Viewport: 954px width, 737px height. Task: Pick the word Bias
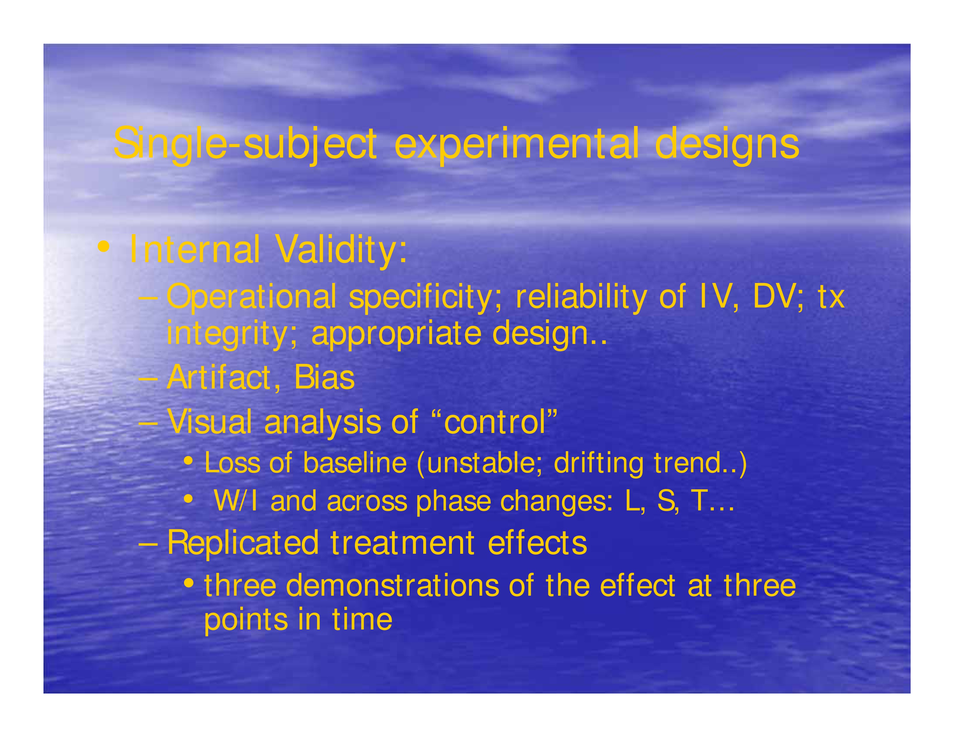point(324,378)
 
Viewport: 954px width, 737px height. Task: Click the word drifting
point(598,464)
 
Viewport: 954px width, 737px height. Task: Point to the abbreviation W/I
point(235,501)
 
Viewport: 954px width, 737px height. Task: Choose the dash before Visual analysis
point(148,423)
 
